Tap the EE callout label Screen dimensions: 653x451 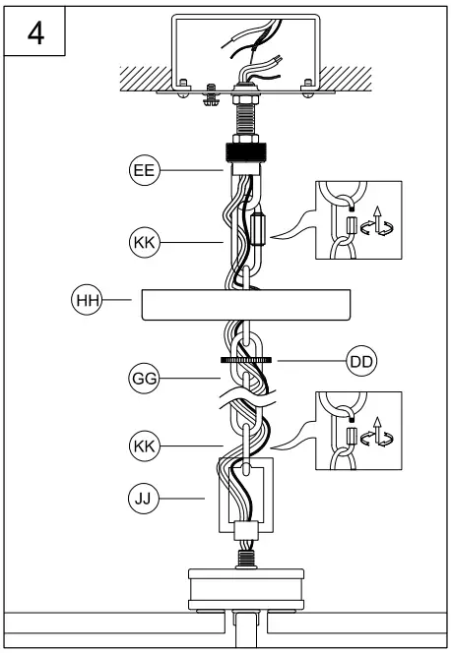143,170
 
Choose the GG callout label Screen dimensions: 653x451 143,377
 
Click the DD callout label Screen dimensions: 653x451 361,362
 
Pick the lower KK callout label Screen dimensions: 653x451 143,446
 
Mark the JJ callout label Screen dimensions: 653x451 143,500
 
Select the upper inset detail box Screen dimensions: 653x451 357,220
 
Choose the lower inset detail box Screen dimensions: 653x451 357,431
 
